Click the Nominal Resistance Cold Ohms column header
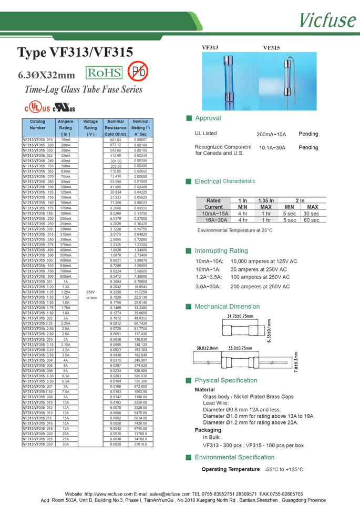[x=116, y=128]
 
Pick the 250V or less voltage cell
[x=91, y=295]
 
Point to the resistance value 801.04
[x=116, y=140]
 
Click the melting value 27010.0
[x=140, y=444]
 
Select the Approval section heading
[x=208, y=118]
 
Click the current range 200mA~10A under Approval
[x=271, y=135]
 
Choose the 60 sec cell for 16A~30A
[x=312, y=220]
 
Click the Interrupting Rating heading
[x=221, y=251]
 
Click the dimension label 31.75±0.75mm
[x=240, y=316]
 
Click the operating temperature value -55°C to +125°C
[x=284, y=469]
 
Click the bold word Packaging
[x=208, y=430]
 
